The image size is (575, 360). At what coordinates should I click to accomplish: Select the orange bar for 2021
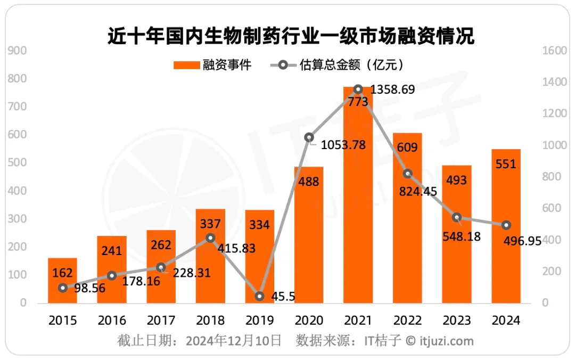358,213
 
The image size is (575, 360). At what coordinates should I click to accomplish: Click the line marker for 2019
259,296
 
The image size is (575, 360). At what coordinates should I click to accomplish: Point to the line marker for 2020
309,137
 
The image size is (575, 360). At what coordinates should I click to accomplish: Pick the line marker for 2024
506,225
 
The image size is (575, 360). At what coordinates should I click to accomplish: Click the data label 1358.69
392,89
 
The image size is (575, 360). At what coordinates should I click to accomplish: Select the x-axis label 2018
210,320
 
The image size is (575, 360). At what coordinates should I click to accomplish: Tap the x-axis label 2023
456,320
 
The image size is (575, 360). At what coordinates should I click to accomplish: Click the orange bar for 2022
407,224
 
